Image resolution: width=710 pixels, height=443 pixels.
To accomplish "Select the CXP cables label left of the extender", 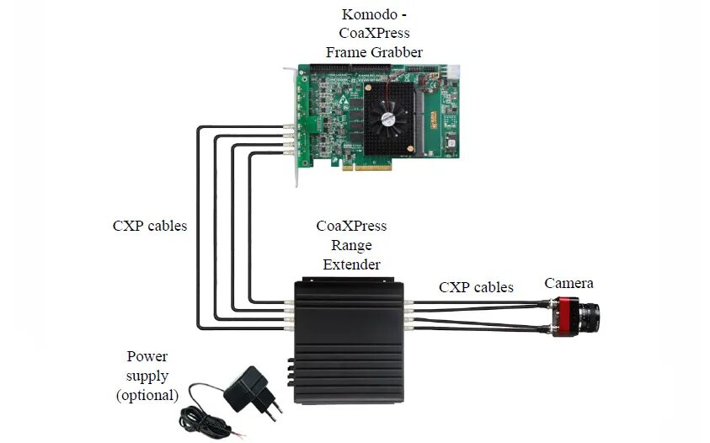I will (150, 226).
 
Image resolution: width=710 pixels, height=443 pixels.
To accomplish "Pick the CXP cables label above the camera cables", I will (476, 287).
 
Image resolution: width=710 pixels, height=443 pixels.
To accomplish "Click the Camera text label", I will (569, 283).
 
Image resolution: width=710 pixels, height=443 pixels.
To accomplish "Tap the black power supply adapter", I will (244, 387).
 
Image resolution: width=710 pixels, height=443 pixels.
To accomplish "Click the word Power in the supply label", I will (147, 357).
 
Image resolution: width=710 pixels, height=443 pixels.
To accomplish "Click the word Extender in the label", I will (351, 264).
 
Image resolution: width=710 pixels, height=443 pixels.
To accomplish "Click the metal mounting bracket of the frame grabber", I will (295, 126).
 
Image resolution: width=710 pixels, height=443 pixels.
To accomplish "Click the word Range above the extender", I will (351, 245).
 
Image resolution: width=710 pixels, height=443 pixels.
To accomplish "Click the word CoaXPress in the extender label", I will (351, 227).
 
